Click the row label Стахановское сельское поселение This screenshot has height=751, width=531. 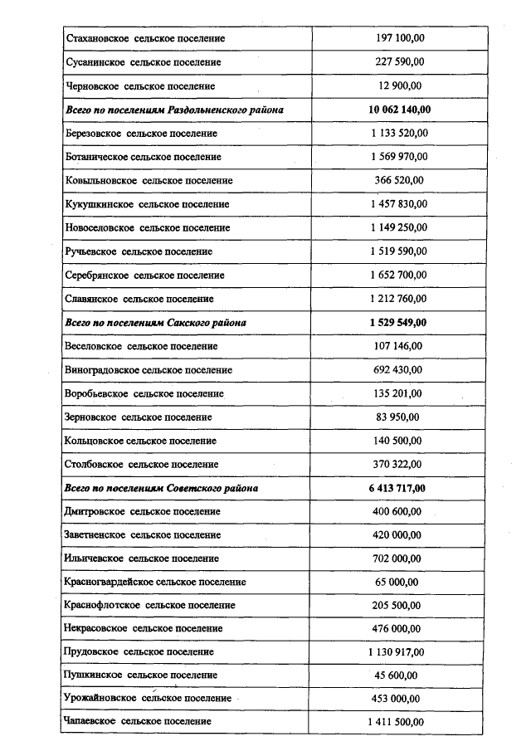click(144, 38)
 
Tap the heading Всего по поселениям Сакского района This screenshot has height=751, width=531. click(155, 322)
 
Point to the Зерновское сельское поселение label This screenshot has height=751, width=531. click(138, 417)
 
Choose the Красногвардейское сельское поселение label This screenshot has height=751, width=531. click(155, 583)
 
